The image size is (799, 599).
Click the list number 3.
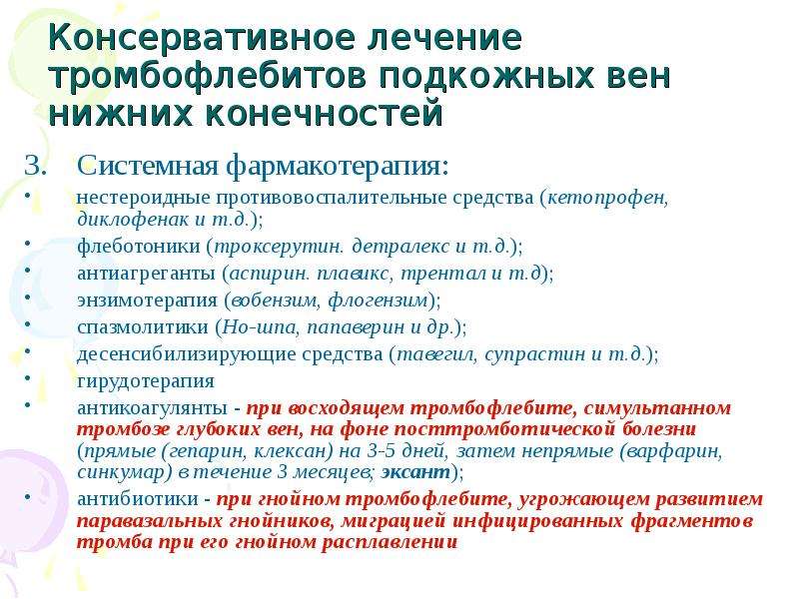pos(35,166)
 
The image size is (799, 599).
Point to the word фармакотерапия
pos(337,167)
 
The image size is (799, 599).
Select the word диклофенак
pos(133,220)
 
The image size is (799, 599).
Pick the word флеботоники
pos(139,247)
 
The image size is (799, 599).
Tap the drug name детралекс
pos(401,247)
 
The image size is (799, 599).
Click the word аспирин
pos(269,274)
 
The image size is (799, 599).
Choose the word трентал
pos(443,274)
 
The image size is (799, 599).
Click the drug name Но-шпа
pos(260,327)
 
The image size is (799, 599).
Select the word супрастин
pos(535,354)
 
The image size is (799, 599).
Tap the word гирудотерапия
pos(146,381)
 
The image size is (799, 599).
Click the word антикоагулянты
pos(153,408)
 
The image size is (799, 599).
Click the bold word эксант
pos(415,472)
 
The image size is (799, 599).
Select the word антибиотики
pos(138,498)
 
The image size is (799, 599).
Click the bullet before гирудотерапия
pos(28,377)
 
